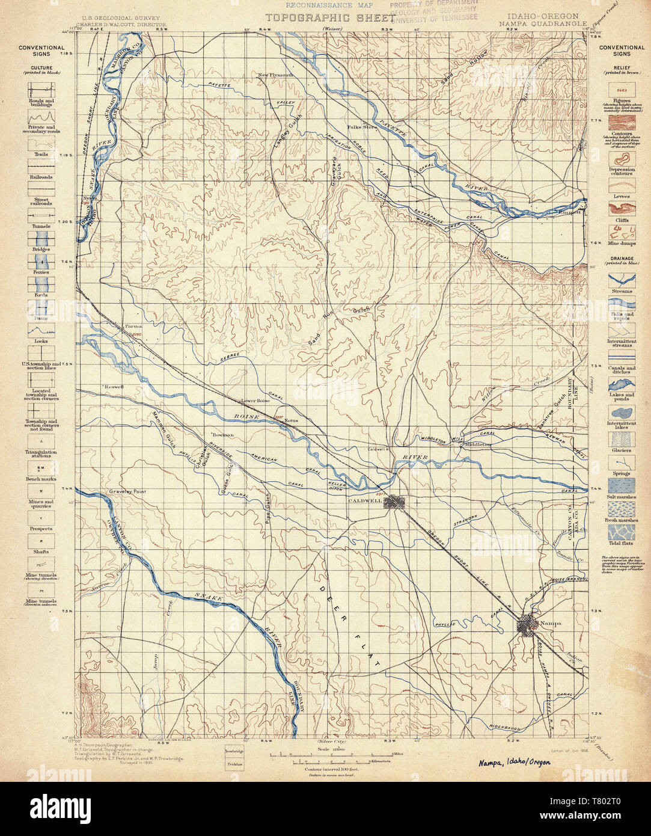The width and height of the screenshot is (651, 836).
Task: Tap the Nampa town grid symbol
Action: [x=527, y=625]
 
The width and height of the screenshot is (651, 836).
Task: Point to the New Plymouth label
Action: [x=276, y=75]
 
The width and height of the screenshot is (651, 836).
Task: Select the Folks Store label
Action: [x=362, y=128]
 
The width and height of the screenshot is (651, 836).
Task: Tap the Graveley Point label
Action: [x=127, y=491]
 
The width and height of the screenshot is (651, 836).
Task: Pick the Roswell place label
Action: [x=113, y=387]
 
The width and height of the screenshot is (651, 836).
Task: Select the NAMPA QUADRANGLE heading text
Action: [x=542, y=24]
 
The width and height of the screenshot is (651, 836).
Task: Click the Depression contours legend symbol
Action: [x=622, y=159]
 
